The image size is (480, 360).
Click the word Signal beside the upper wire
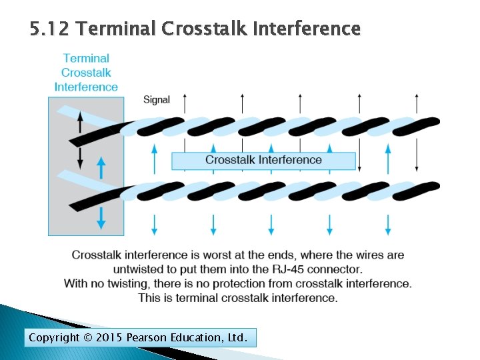point(157,100)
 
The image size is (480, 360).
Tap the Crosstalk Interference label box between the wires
point(263,160)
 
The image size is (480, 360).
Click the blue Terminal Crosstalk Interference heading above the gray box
point(86,73)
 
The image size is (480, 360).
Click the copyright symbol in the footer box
point(88,338)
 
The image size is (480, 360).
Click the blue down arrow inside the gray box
point(101,217)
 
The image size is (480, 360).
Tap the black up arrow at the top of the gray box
point(80,122)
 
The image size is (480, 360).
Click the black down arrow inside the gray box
point(80,157)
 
